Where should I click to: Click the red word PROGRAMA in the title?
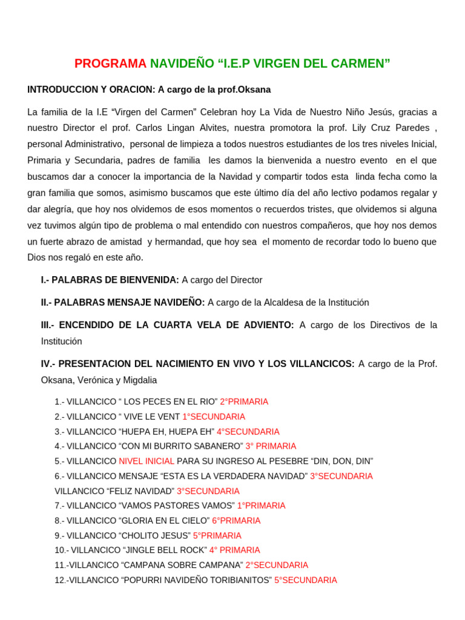tap(110, 64)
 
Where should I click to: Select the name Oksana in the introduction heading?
tap(256, 90)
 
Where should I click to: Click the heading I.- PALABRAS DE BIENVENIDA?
tap(110, 280)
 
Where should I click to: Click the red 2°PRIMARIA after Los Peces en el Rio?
tap(244, 401)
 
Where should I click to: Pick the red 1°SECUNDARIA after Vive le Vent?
tap(214, 417)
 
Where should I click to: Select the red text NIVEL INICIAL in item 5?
tap(147, 461)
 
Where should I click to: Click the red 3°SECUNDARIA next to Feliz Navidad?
tap(208, 491)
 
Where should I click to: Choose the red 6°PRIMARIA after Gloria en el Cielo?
tap(236, 521)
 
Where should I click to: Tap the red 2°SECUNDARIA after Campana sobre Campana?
tap(277, 565)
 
